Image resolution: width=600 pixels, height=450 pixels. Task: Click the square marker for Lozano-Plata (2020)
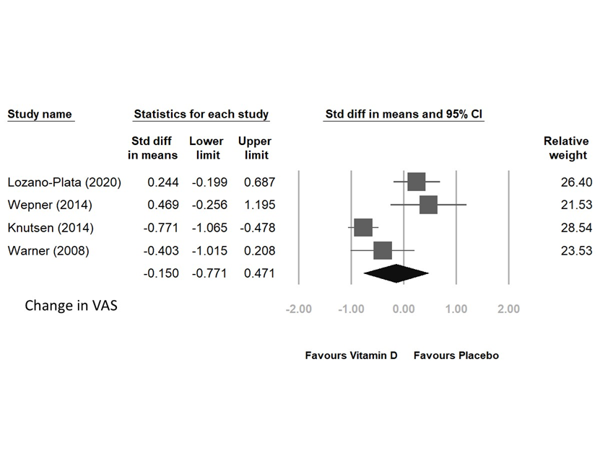417,182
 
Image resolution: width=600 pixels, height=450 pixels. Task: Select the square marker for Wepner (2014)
428,205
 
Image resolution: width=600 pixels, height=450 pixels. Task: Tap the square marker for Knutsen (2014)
363,228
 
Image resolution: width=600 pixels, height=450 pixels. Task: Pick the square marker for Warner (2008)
383,250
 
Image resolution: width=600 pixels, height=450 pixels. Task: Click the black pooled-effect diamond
396,273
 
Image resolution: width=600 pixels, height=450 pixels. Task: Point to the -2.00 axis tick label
299,309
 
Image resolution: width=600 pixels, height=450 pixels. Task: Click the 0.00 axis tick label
404,309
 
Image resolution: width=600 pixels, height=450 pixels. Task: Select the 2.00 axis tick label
508,309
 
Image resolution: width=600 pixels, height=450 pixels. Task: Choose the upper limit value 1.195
258,205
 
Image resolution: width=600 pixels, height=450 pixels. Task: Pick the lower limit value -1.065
209,228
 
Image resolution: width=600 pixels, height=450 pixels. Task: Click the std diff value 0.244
162,182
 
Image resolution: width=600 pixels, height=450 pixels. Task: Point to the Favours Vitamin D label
351,356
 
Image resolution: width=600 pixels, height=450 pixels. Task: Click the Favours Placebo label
456,356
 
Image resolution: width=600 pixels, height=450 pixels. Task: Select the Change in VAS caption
71,305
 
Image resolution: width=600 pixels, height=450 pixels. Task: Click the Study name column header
40,114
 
